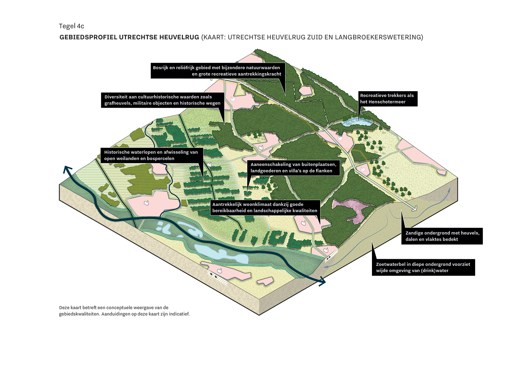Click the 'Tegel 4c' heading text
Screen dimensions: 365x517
tap(71, 26)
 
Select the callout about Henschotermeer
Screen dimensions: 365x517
tap(388, 99)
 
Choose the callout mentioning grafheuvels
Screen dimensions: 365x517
tap(163, 100)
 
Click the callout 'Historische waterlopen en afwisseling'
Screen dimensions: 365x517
tap(151, 155)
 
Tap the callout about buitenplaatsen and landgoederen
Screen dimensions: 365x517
tap(293, 168)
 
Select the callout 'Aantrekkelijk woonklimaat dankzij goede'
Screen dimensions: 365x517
tap(264, 207)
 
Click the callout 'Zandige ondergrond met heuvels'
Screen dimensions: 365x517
tap(442, 236)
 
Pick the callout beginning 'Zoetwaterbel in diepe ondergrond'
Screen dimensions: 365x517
tap(423, 267)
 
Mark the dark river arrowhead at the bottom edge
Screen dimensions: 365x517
tap(322, 282)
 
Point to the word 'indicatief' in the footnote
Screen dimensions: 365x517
tap(179, 314)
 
